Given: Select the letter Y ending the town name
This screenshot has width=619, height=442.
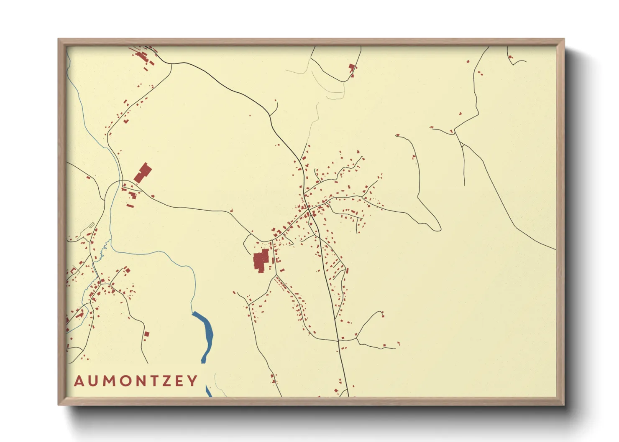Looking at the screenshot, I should point(192,381).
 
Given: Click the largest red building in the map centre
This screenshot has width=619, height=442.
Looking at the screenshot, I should point(261,261).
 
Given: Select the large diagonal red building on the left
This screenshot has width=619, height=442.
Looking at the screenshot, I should point(143,173).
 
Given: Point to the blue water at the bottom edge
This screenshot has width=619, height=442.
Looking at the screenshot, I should point(208,392).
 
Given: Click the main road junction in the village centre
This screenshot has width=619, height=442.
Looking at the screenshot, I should point(307,207).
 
